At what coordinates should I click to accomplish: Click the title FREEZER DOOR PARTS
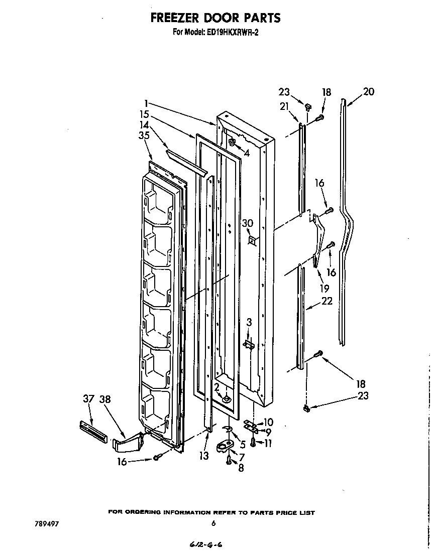coord(215,18)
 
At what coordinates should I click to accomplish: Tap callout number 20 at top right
coord(368,92)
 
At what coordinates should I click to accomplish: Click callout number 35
coord(144,134)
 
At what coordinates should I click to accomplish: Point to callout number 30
coord(247,223)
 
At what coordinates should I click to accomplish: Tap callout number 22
coord(327,301)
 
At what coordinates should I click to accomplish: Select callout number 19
coord(324,288)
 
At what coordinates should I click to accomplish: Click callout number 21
coord(284,106)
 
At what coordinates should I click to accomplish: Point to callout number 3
coord(248,322)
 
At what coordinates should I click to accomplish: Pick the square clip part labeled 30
coord(252,240)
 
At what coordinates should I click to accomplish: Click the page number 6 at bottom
coord(213,523)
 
